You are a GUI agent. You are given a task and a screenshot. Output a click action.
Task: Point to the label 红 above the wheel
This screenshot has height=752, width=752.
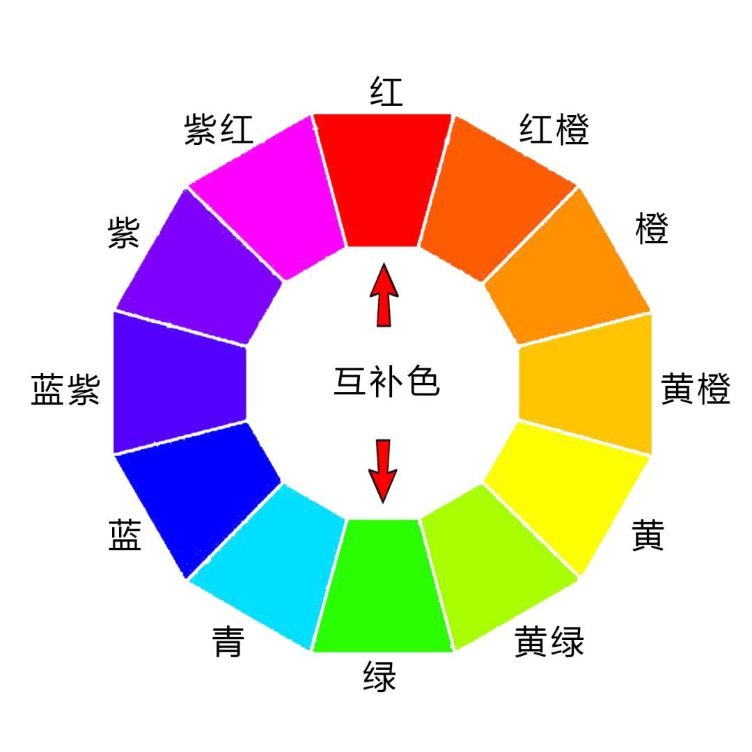click(x=386, y=91)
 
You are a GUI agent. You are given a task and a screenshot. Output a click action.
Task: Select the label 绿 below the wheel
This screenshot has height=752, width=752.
click(x=380, y=676)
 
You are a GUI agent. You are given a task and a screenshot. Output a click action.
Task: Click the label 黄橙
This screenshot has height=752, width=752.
click(x=696, y=389)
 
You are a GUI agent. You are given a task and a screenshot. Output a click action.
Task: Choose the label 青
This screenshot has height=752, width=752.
click(x=228, y=641)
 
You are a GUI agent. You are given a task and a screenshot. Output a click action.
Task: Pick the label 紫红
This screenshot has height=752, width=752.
click(x=219, y=129)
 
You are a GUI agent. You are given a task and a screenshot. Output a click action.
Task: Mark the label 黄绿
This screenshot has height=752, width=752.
click(x=549, y=641)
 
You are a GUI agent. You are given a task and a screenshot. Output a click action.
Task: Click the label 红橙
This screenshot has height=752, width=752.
click(x=554, y=129)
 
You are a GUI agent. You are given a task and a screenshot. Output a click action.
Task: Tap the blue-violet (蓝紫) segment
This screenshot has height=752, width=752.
click(x=180, y=382)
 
